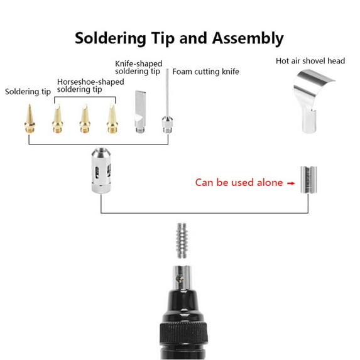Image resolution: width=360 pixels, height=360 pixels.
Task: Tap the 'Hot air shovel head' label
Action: [x=310, y=61]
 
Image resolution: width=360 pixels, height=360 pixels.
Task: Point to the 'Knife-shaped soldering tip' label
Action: [x=138, y=67]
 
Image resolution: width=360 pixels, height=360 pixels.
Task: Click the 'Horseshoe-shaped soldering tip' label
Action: [x=88, y=85]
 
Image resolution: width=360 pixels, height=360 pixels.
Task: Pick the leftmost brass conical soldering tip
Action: [x=30, y=119]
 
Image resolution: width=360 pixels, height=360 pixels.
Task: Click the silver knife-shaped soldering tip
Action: [x=139, y=112]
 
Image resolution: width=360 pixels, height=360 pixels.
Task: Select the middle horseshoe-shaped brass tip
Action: [x=85, y=119]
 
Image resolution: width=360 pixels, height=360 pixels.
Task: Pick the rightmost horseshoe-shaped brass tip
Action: [x=112, y=119]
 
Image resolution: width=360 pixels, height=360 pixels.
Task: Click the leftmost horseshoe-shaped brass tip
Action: [x=58, y=119]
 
